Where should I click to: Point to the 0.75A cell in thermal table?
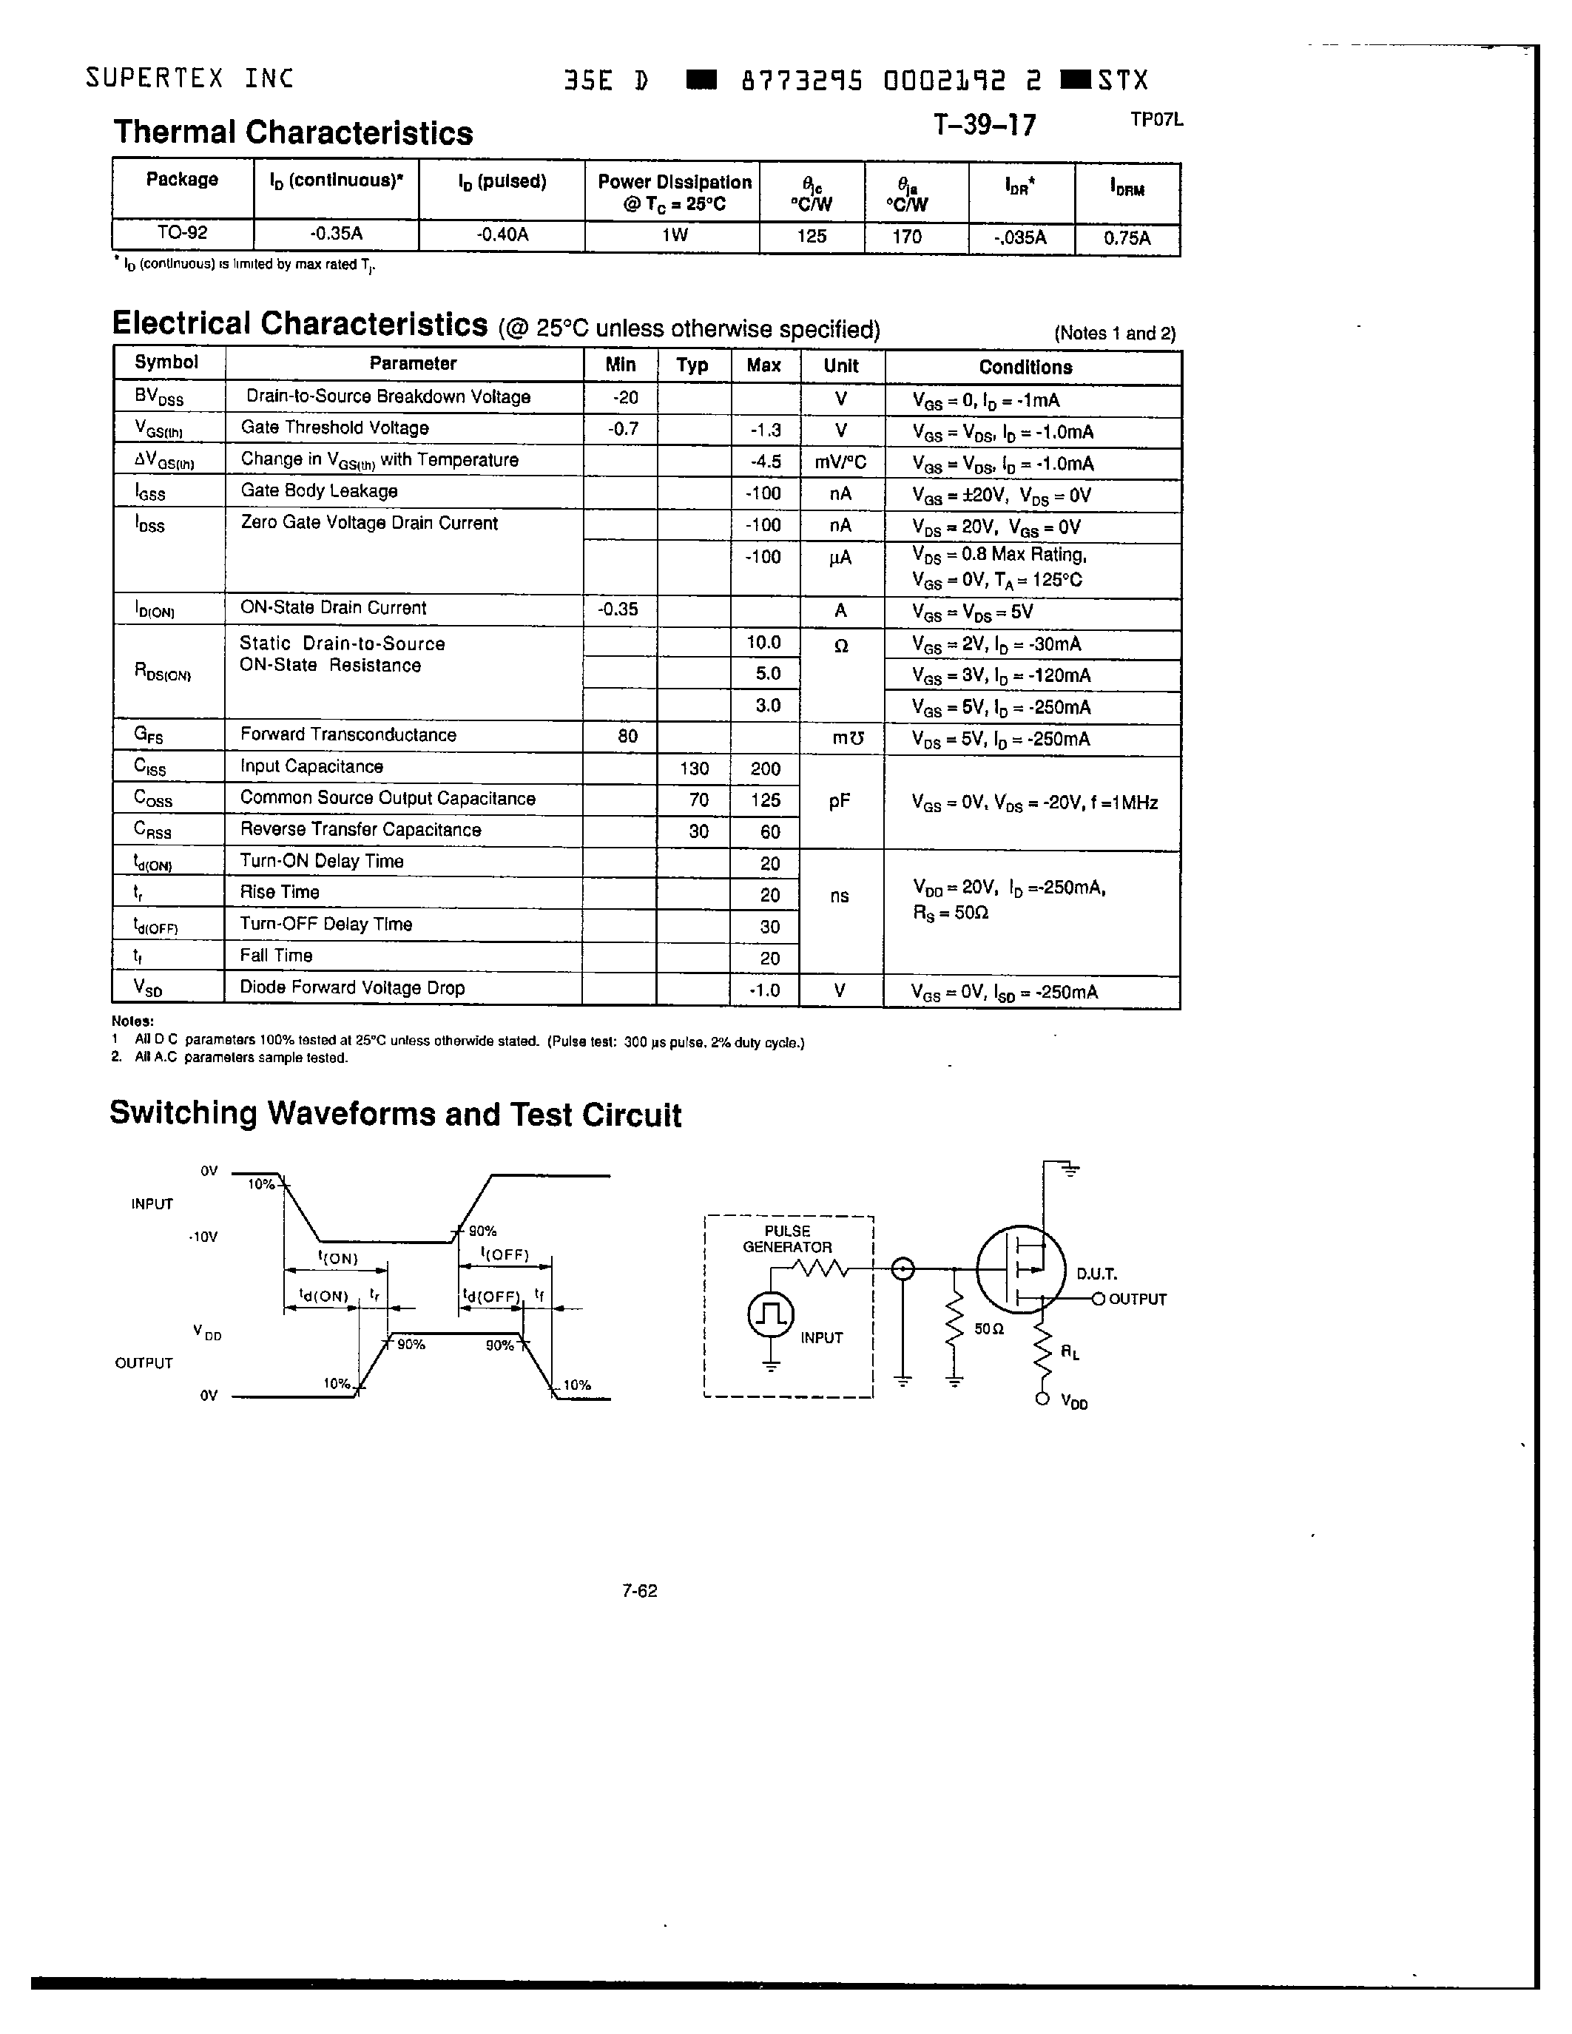click(1127, 237)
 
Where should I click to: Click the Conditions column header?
click(1025, 367)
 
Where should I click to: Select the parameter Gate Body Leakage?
click(319, 491)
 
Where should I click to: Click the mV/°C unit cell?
click(841, 462)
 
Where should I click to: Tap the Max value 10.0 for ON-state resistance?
click(763, 643)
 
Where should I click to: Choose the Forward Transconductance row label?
click(348, 734)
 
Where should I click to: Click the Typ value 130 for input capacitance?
click(694, 768)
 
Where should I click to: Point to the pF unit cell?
click(839, 801)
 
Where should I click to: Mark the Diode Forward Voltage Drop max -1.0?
click(765, 990)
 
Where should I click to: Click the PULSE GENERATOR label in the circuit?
click(787, 1239)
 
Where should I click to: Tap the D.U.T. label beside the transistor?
click(1096, 1273)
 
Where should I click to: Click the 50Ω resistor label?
click(989, 1329)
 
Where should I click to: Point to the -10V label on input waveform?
click(202, 1237)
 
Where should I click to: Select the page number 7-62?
click(640, 1591)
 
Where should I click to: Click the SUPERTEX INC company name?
click(189, 78)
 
